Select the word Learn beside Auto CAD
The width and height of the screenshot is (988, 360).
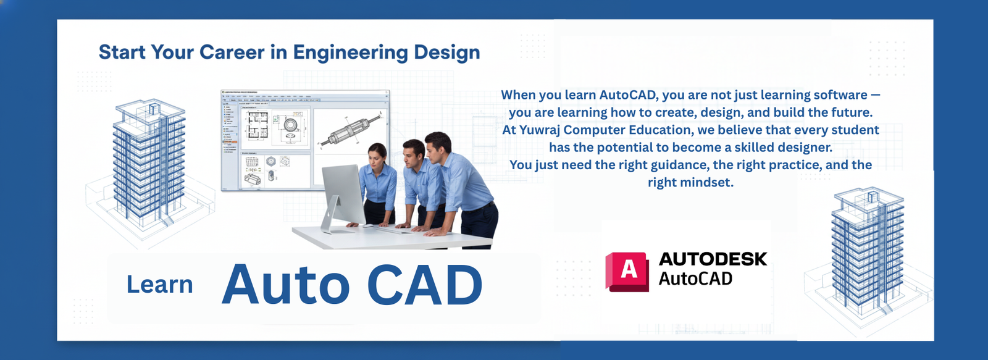159,285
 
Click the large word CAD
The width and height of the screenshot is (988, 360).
425,286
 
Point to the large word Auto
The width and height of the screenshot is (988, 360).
285,286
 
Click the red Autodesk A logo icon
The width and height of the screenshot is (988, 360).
627,271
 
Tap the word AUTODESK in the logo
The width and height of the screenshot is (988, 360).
713,259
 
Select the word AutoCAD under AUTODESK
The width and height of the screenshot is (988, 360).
695,279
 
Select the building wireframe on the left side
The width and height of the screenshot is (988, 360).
148,167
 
